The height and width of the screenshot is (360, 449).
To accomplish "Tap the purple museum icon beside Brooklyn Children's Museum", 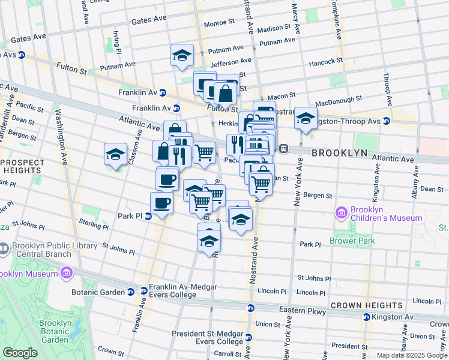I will click(342, 212).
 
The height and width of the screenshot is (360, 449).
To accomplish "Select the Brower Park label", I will click(352, 241).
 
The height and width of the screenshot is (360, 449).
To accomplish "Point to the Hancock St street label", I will click(325, 62).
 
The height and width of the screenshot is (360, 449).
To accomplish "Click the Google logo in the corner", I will click(20, 353).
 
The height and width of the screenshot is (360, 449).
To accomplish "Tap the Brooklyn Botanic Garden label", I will click(55, 331).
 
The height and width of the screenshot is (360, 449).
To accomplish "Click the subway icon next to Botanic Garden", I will click(130, 292).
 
